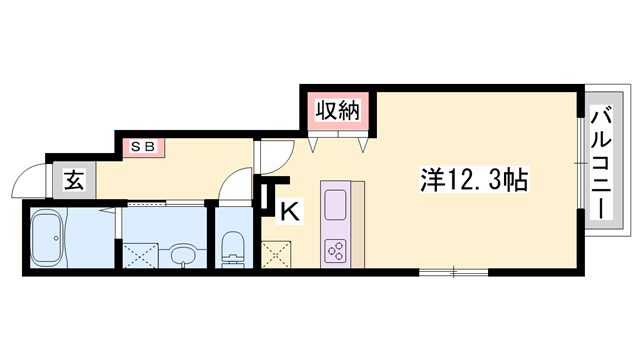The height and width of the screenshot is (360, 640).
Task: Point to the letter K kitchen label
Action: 289,212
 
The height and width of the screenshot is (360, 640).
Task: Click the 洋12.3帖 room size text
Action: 473,181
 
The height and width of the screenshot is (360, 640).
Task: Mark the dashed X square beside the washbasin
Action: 140,252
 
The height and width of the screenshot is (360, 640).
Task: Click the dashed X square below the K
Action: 274,254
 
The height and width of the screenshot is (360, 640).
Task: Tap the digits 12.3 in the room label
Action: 479,181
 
